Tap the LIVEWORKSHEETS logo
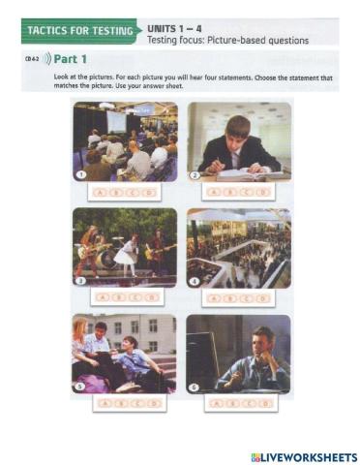tap(303, 454)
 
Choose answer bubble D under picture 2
tap(263, 193)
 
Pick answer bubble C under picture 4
tap(251, 297)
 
